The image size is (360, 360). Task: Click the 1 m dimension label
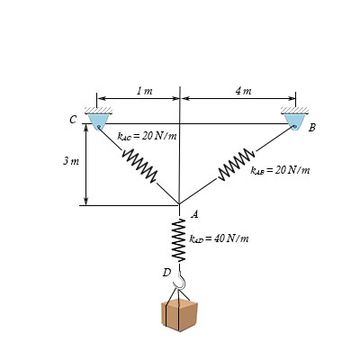[x=145, y=91]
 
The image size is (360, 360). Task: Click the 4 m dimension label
[x=243, y=91]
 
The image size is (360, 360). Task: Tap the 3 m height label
[x=71, y=161]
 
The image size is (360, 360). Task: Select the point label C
[x=73, y=120]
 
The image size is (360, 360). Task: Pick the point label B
[x=312, y=128]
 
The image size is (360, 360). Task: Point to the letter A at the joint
[x=195, y=214]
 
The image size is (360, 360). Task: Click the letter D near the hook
[x=166, y=273]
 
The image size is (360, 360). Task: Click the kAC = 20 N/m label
[x=147, y=137]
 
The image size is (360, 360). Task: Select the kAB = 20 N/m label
[x=280, y=171]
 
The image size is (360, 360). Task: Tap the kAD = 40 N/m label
[x=219, y=238]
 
